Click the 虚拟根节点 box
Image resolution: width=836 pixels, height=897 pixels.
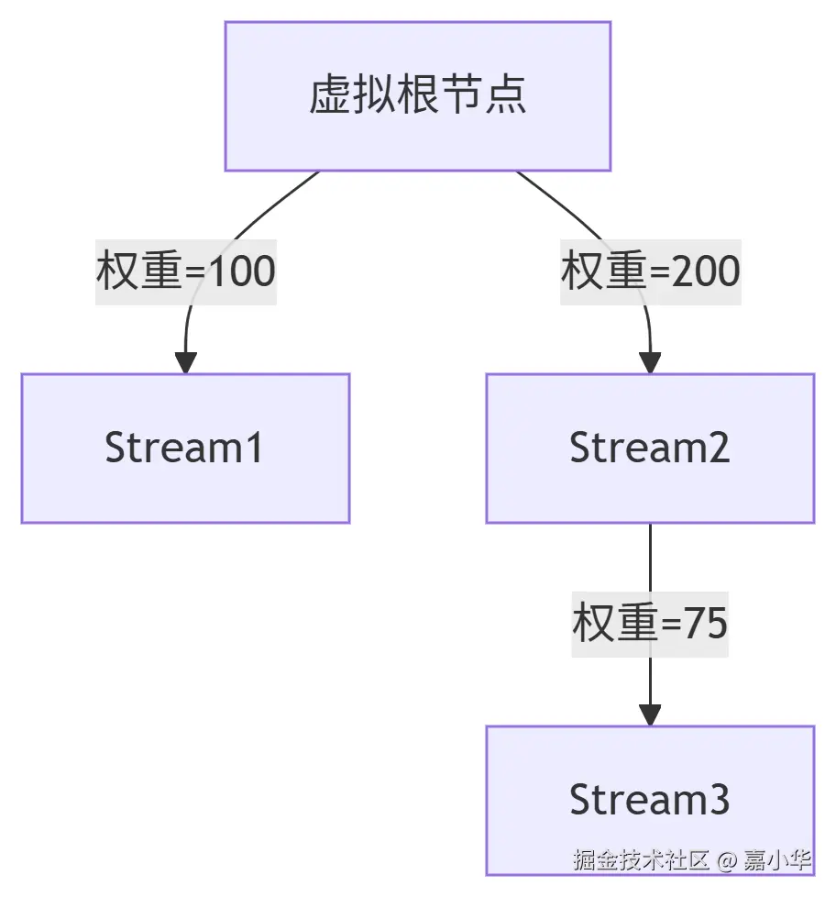click(x=418, y=96)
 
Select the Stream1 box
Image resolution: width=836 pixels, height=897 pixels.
click(x=185, y=448)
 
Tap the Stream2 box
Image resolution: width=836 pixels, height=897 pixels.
click(x=650, y=448)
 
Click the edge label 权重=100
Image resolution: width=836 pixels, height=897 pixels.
click(x=186, y=271)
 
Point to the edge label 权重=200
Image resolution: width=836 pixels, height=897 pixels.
click(x=651, y=271)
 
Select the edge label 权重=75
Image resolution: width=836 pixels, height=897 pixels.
click(x=650, y=624)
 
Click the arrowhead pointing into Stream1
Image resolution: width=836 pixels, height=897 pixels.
click(x=186, y=362)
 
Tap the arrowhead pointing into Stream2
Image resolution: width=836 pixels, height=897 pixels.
click(x=650, y=362)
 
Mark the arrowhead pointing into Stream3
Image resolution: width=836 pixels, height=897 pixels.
click(x=650, y=714)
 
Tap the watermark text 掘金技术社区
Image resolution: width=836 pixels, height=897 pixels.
click(x=642, y=860)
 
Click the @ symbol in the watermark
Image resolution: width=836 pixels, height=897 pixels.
click(x=727, y=861)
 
